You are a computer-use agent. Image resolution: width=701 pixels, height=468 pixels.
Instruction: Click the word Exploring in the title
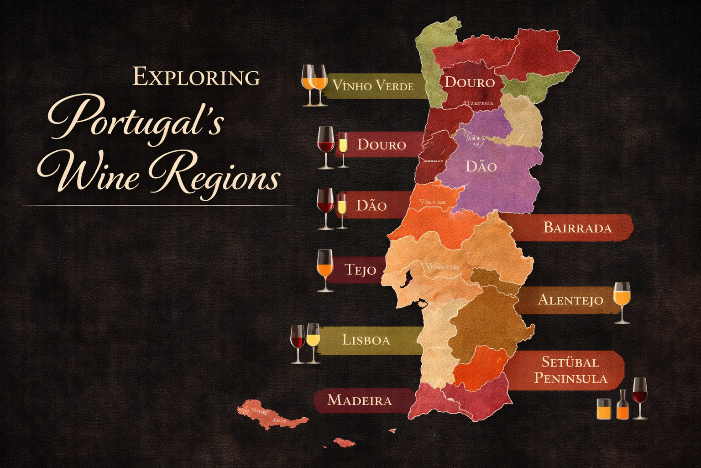click(x=196, y=77)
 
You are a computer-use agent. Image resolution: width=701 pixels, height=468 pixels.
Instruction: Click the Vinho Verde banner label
click(x=373, y=85)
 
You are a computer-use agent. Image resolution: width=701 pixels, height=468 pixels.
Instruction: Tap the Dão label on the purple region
click(x=481, y=166)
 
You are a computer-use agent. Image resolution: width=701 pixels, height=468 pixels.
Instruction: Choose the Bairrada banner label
click(x=577, y=227)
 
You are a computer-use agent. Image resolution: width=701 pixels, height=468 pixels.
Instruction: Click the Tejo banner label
click(x=361, y=270)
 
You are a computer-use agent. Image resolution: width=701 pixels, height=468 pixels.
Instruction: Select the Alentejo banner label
click(x=570, y=300)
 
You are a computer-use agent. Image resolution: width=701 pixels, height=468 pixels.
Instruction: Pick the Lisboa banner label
click(x=366, y=340)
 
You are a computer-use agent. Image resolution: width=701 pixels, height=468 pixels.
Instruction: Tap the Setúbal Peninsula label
click(x=570, y=370)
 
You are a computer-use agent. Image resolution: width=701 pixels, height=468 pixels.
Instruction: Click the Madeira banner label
click(x=360, y=400)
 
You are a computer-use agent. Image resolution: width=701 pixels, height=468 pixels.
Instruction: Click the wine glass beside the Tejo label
click(x=325, y=270)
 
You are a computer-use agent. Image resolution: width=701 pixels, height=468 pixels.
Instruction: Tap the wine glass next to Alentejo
click(x=622, y=302)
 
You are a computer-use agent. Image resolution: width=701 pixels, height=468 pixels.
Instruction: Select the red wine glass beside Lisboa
click(x=298, y=343)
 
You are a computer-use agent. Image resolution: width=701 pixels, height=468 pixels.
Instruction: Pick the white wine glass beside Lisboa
click(x=313, y=343)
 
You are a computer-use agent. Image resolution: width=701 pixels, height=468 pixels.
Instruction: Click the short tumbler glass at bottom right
click(x=604, y=409)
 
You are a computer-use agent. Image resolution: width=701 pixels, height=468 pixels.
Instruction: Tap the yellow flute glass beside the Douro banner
click(x=343, y=149)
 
